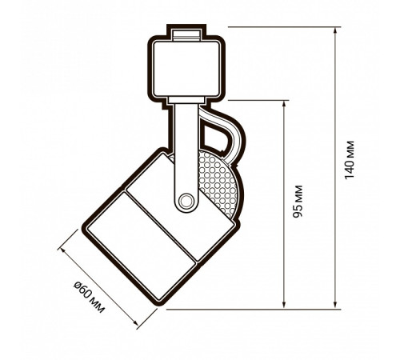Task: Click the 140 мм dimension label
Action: pyautogui.click(x=350, y=160)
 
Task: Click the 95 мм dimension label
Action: pyautogui.click(x=298, y=201)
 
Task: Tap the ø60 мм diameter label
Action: pyautogui.click(x=90, y=297)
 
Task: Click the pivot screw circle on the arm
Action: pyautogui.click(x=186, y=201)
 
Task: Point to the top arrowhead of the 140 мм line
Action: pyautogui.click(x=335, y=30)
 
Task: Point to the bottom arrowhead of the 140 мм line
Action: pyautogui.click(x=335, y=306)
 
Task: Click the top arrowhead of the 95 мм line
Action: pyautogui.click(x=284, y=104)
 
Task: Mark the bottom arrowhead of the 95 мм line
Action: pyautogui.click(x=284, y=306)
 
